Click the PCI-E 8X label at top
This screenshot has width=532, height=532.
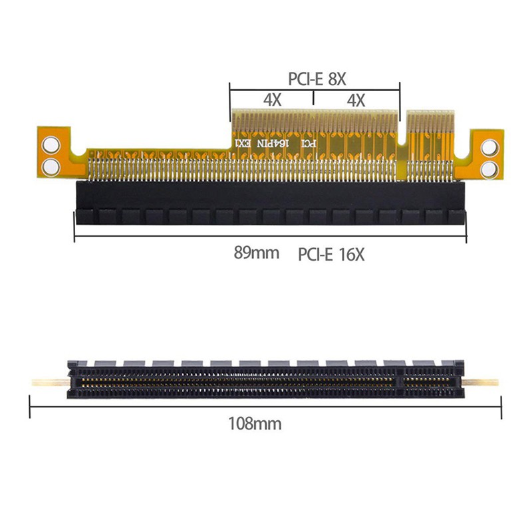click(x=317, y=78)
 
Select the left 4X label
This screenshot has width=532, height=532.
click(x=271, y=100)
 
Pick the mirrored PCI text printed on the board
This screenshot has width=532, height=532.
click(x=309, y=143)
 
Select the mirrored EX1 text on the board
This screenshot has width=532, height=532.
click(x=242, y=143)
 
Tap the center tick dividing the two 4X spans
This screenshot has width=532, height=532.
click(x=313, y=99)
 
